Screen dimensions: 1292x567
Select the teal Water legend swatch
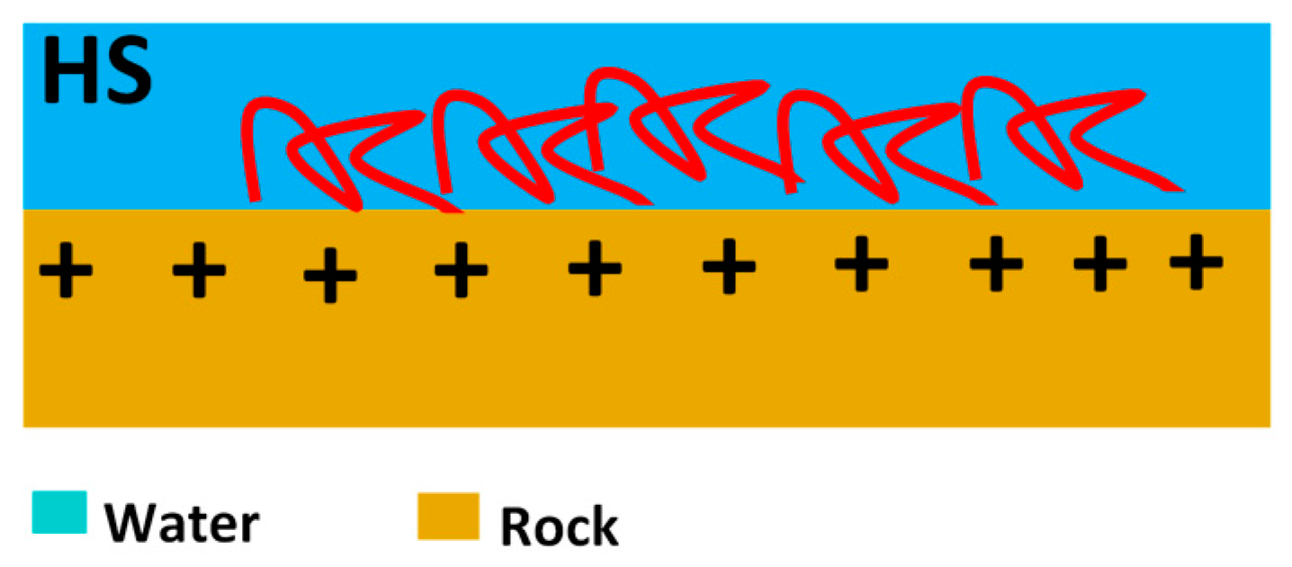coord(59,512)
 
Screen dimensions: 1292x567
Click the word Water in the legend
coord(181,523)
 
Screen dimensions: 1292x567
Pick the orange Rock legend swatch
coord(448,516)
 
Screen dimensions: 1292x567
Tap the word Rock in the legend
coord(559,526)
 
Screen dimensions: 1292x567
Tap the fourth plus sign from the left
coord(461,269)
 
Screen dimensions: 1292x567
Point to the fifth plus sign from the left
coord(595,268)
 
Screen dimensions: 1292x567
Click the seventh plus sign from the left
coord(861,263)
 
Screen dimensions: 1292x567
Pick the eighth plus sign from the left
coord(996,264)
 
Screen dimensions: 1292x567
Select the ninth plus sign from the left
coord(1099,265)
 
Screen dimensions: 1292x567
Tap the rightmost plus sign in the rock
coord(1196,262)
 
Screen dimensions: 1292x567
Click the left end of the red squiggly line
coord(255,198)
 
